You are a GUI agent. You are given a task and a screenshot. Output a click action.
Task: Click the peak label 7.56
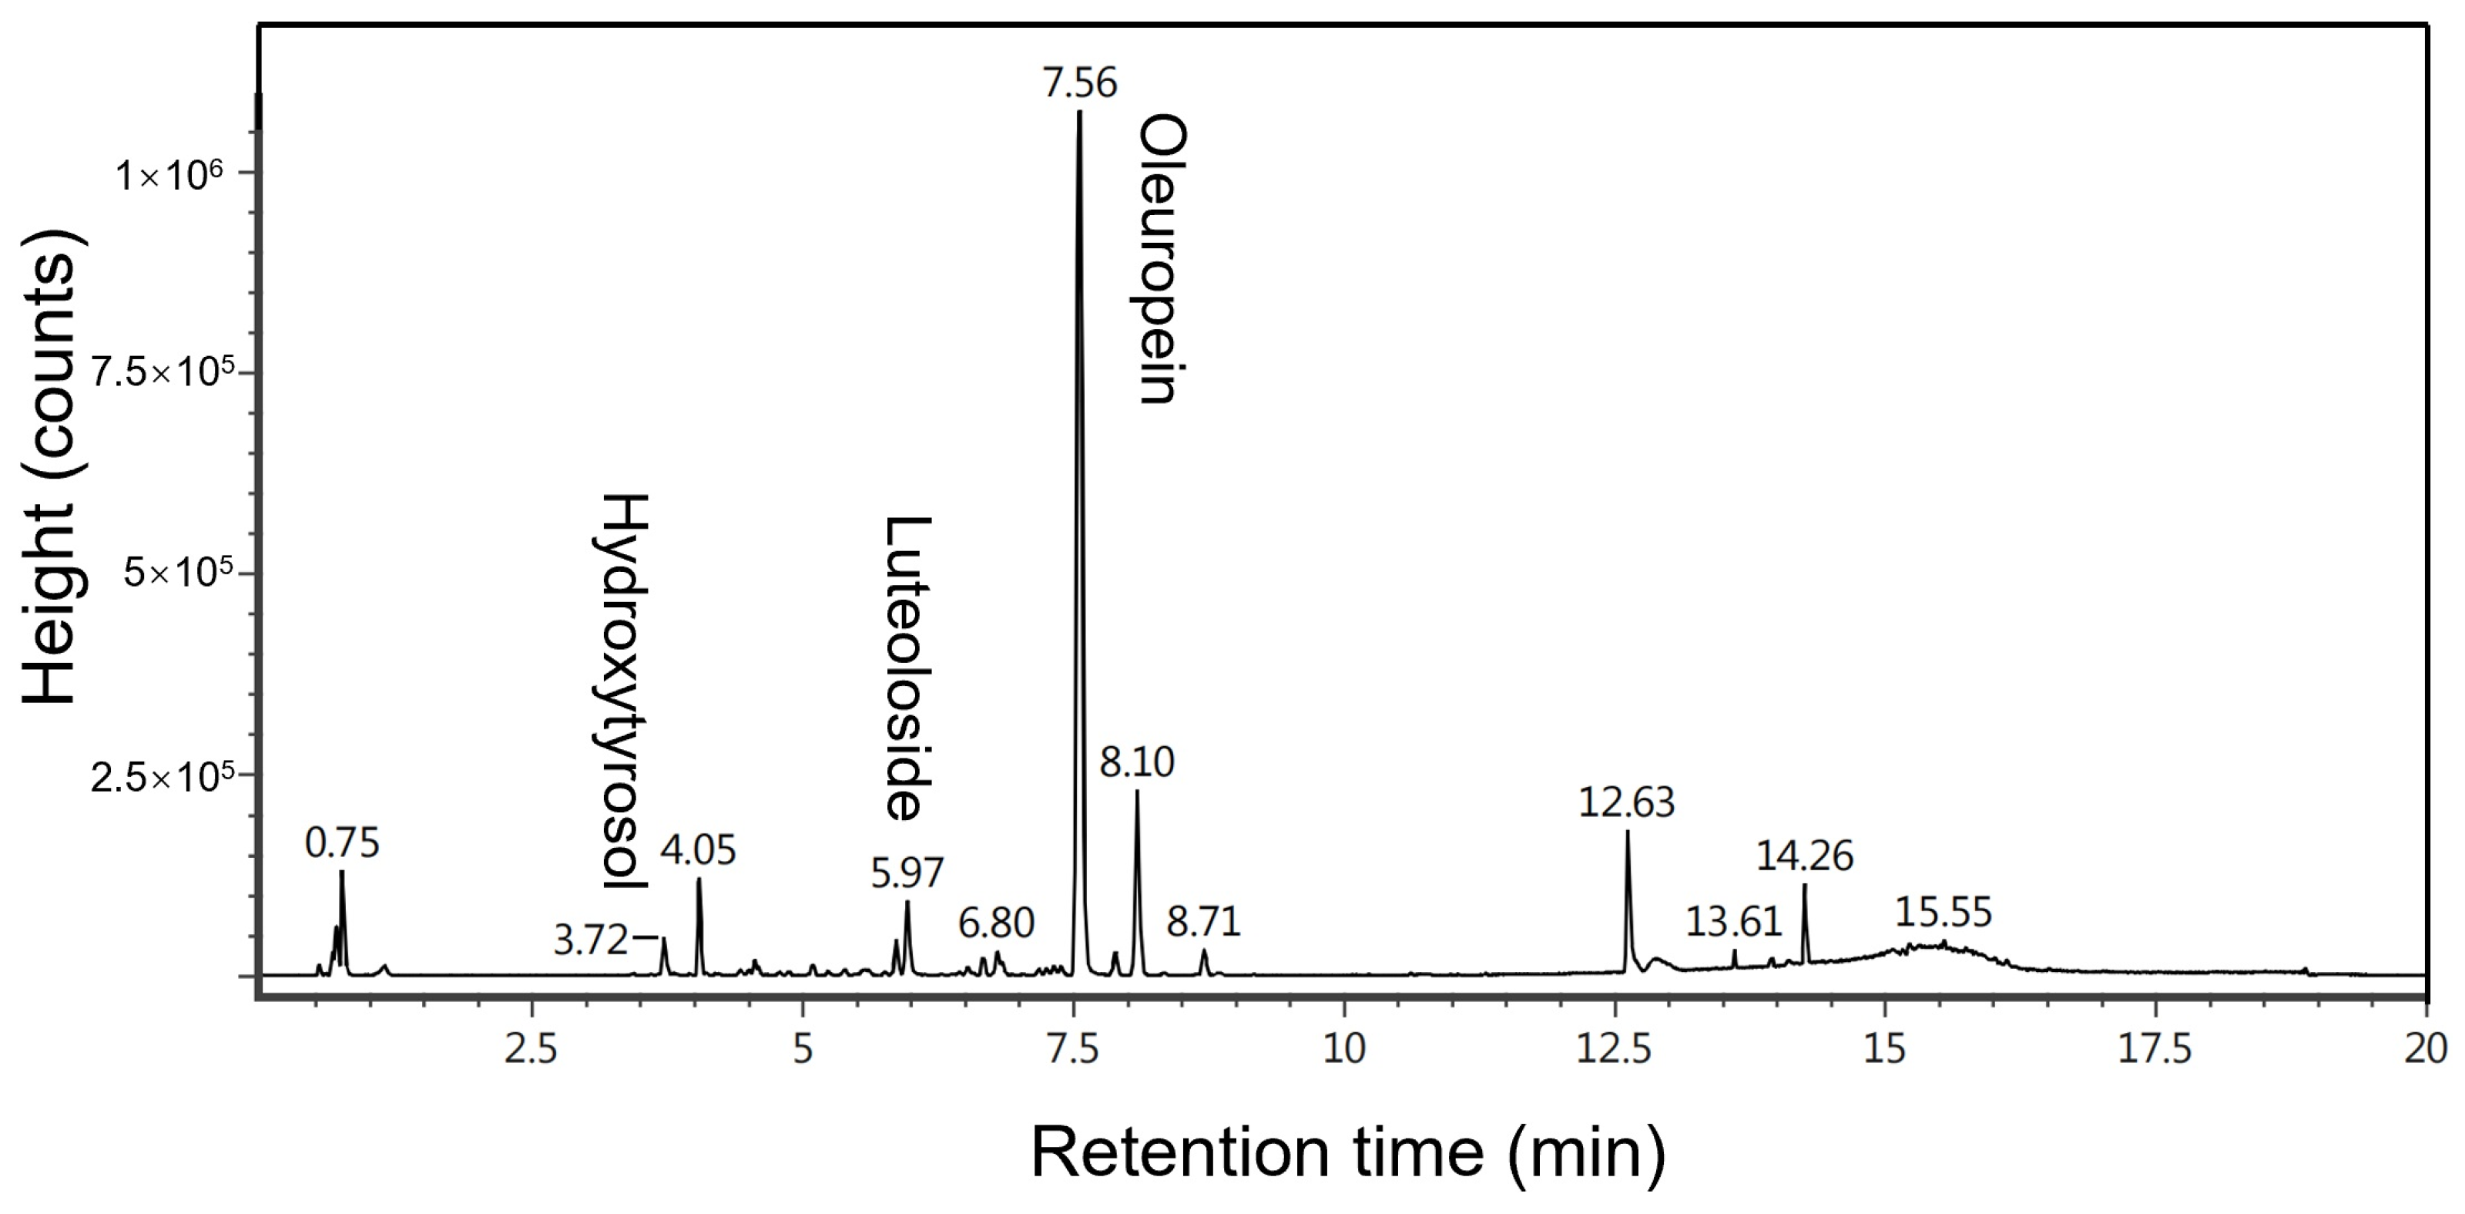click(1079, 84)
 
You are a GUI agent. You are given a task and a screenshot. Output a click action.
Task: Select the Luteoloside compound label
click(906, 668)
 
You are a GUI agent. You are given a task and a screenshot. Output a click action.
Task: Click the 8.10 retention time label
click(1136, 763)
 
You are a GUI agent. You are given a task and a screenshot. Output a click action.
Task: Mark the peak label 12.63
click(1626, 802)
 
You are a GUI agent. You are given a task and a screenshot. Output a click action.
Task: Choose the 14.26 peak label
click(1804, 855)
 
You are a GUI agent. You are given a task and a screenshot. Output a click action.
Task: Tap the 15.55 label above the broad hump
click(1943, 911)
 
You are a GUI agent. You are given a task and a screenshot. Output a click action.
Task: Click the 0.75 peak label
click(341, 843)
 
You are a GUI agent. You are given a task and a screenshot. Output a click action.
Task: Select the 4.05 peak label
click(698, 850)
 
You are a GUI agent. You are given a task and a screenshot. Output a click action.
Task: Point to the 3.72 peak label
click(590, 940)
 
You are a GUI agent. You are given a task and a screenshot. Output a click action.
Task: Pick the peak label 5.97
click(907, 873)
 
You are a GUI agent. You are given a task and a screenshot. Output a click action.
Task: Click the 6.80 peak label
click(996, 923)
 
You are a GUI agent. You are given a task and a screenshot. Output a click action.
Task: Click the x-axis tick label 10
click(1343, 1049)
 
